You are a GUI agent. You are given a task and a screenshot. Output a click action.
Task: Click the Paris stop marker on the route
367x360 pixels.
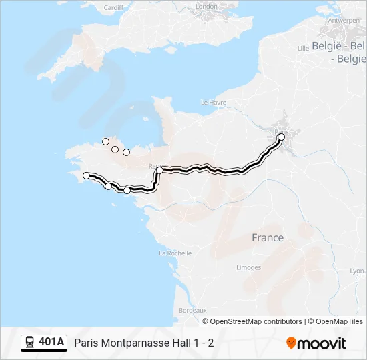(281, 137)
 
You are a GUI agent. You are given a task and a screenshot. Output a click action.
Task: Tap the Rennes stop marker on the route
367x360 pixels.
(160, 171)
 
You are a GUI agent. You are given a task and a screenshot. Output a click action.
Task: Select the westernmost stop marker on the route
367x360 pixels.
(86, 175)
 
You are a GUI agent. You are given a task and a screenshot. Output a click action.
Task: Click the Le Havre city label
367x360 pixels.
(214, 103)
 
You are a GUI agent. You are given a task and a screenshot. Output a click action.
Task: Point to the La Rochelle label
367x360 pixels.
(175, 253)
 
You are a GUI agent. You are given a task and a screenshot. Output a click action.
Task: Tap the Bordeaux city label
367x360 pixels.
(192, 310)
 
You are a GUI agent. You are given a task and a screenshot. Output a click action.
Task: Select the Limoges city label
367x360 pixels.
(248, 267)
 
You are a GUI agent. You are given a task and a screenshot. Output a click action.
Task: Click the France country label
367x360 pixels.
(267, 237)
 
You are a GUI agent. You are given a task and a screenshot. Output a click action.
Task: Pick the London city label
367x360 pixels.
(206, 7)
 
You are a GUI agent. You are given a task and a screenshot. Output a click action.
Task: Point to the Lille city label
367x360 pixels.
(303, 48)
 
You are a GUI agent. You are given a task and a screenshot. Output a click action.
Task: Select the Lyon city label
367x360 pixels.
(358, 271)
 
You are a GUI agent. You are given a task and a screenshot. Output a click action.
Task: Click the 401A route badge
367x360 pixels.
(51, 342)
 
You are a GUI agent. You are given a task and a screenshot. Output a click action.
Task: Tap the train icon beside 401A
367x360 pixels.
(29, 343)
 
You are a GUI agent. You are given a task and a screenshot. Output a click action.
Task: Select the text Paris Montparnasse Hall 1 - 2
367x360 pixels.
(144, 343)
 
